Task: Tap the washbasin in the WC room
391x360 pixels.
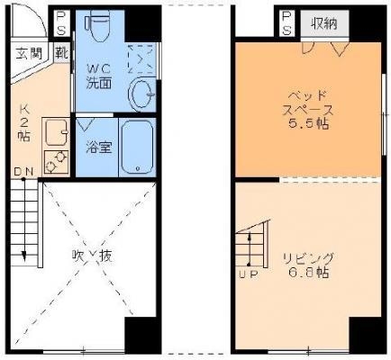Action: coord(142,94)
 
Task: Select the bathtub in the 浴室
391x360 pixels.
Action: coord(138,147)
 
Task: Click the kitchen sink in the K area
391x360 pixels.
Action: coord(57,132)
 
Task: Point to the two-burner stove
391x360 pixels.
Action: coord(56,162)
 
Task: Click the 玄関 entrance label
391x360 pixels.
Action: coord(29,54)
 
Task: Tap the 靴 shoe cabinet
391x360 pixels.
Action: coord(61,53)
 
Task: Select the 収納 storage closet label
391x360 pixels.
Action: coord(324,23)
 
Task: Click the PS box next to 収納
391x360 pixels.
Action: coord(286,23)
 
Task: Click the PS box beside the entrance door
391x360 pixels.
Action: coord(61,23)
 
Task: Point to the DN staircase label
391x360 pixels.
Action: coord(23,172)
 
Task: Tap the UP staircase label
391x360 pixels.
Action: coord(249,274)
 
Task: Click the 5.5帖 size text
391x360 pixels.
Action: coord(308,123)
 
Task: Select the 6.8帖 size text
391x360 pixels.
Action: coord(308,273)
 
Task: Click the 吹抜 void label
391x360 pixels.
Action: coord(93,256)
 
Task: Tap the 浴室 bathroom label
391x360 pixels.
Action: coord(99,147)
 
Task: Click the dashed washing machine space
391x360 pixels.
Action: coord(141,59)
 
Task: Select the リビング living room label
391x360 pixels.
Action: coord(308,257)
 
